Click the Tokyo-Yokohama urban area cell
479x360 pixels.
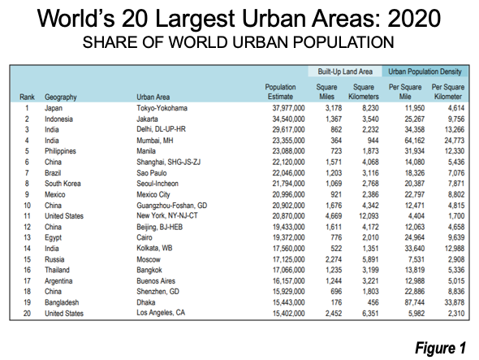point(162,108)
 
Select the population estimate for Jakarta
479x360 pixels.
point(288,119)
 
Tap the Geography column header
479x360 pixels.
point(61,98)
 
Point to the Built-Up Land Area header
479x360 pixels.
point(345,72)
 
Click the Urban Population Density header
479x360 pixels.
point(425,72)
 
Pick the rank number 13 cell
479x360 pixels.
point(27,237)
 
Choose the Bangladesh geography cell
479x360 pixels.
point(62,302)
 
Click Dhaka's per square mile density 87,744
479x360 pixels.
point(415,302)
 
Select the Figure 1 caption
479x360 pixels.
point(440,348)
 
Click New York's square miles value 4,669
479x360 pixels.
point(334,216)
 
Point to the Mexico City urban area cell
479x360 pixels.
point(153,194)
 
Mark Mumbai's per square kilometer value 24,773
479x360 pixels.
point(455,141)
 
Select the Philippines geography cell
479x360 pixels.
point(60,151)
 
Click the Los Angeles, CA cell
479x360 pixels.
point(161,313)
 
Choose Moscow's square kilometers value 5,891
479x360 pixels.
point(370,259)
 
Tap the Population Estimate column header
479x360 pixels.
point(280,92)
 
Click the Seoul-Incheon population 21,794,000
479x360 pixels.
point(288,184)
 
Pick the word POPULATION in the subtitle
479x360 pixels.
point(343,42)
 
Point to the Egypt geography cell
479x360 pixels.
point(53,237)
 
